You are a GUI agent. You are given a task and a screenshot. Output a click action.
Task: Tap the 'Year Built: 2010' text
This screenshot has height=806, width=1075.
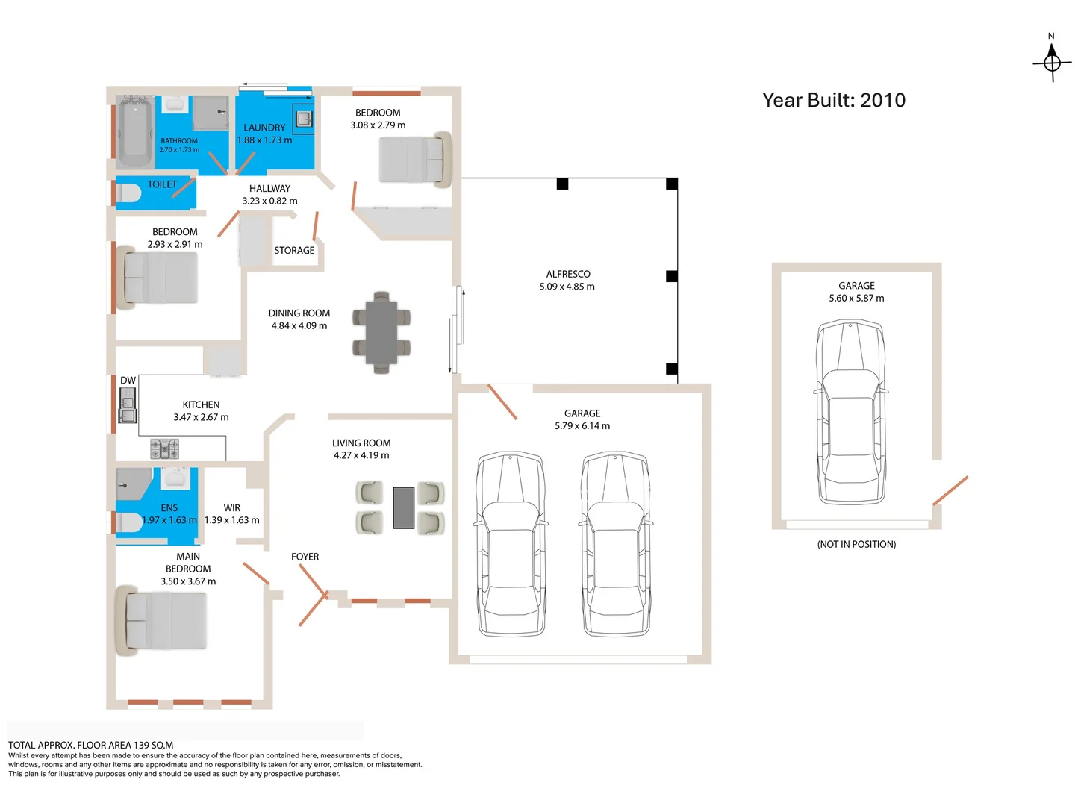point(833,100)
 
